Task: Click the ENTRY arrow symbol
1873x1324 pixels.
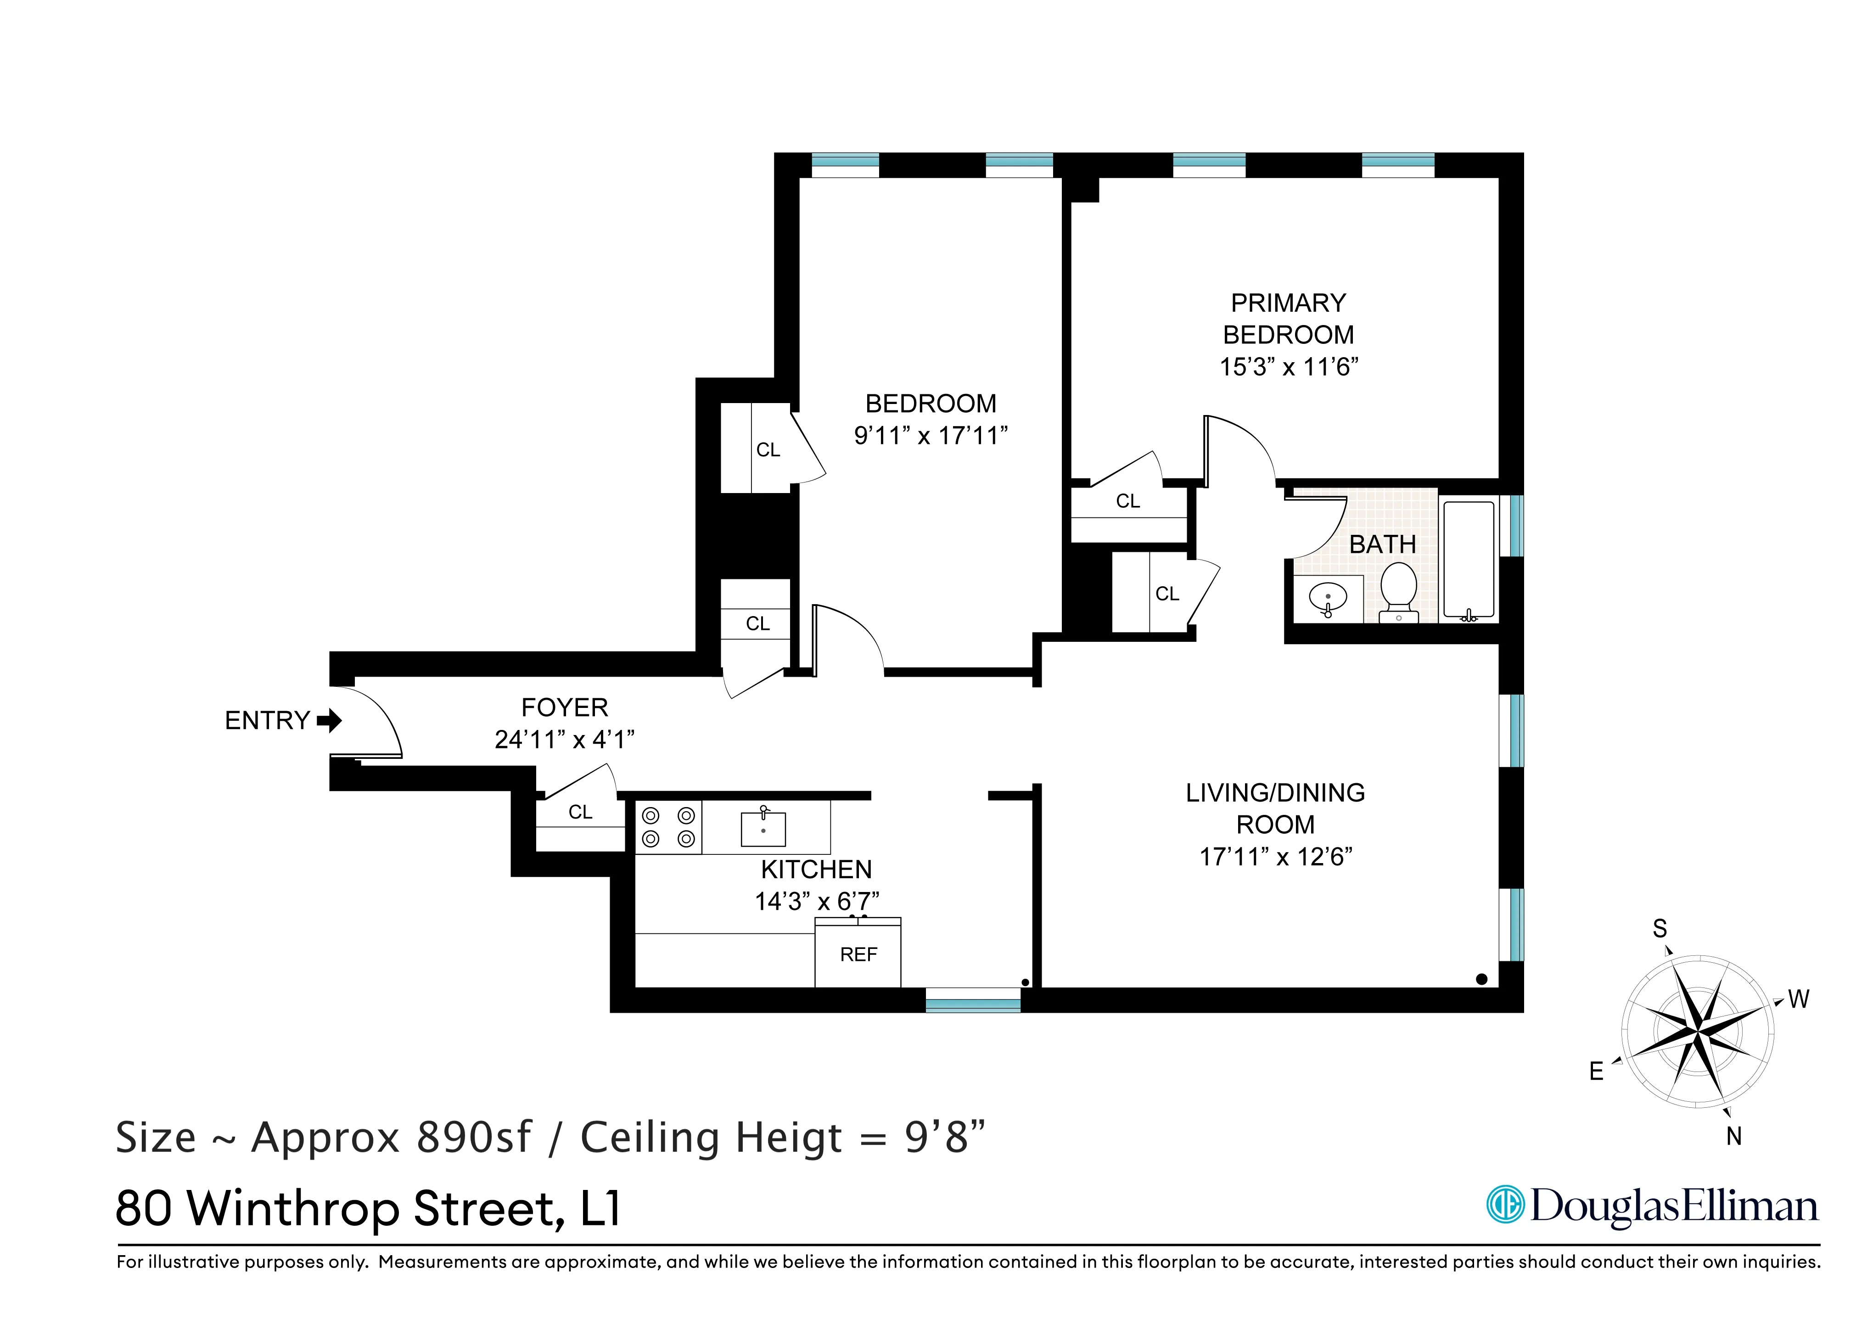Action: [x=330, y=721]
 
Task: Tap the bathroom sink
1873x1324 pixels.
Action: [x=1327, y=598]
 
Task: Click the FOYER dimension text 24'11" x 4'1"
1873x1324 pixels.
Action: [x=565, y=740]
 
